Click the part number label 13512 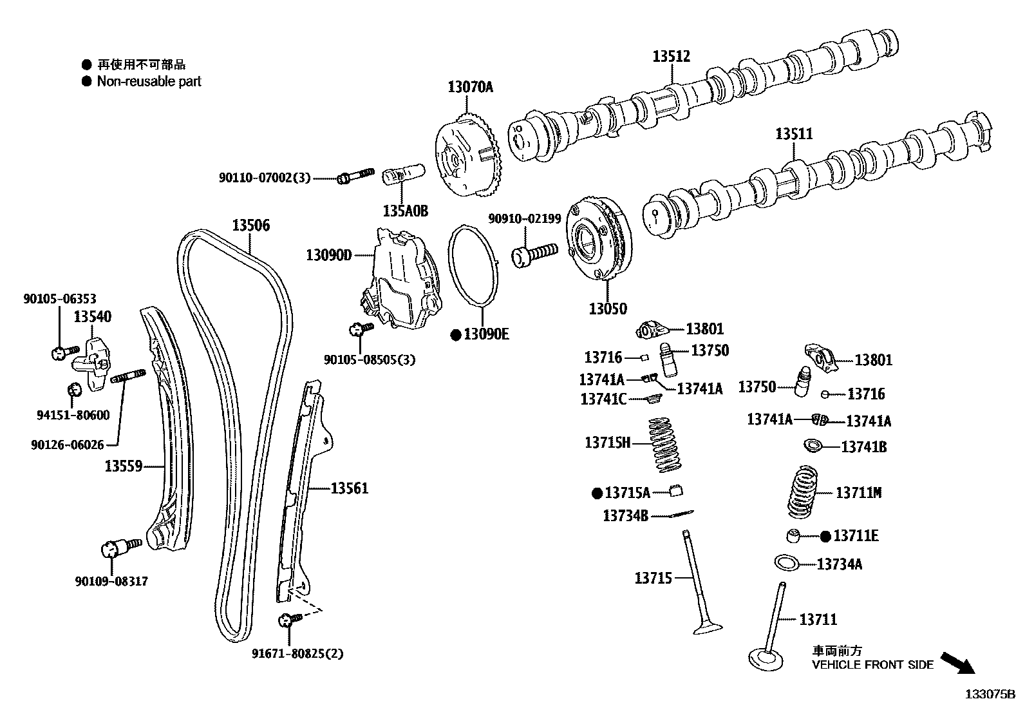[671, 56]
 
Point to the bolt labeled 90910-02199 [534, 253]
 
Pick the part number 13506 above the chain [250, 225]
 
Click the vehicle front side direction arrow [957, 662]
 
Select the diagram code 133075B [989, 694]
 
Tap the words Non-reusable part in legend [149, 82]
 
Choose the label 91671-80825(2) [297, 654]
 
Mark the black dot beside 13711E [826, 536]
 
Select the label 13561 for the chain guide [349, 488]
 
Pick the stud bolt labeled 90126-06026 [129, 376]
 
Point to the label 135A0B [405, 211]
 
